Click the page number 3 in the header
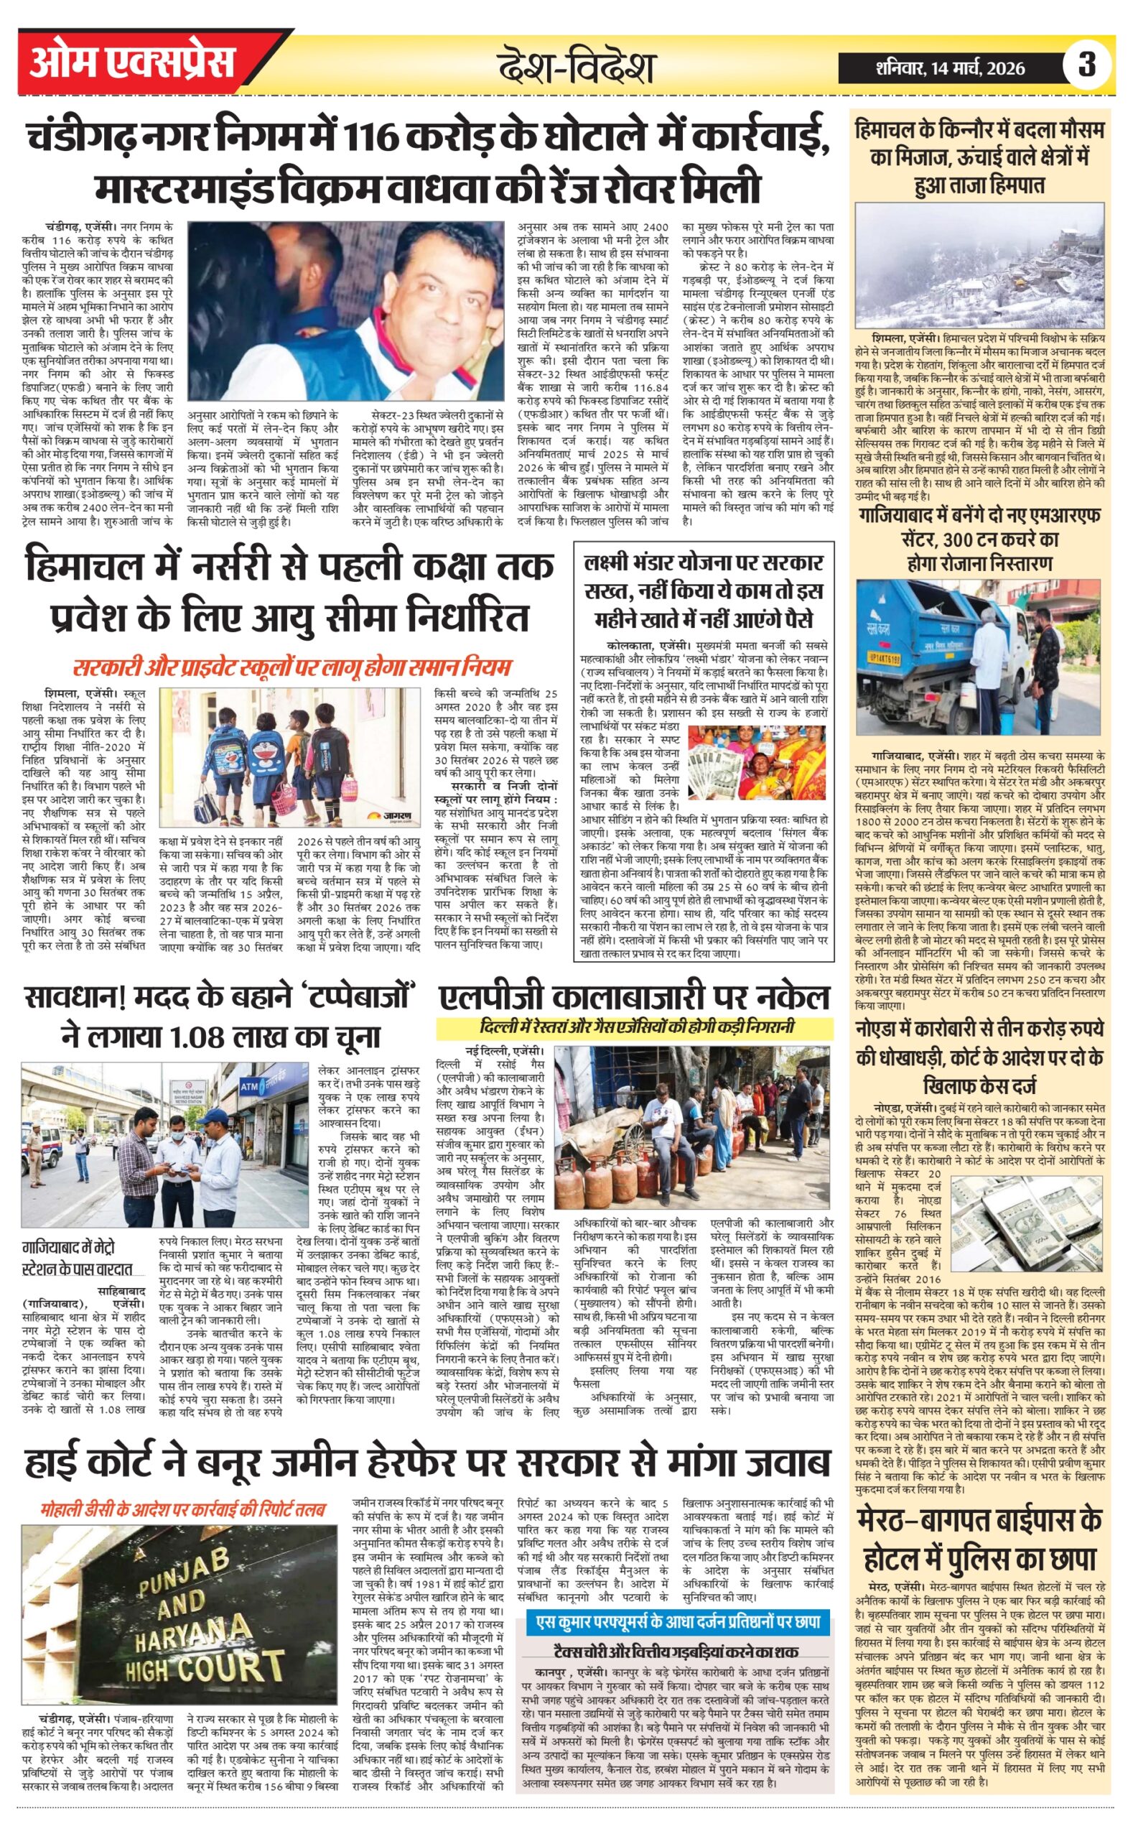point(1086,65)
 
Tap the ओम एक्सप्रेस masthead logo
point(132,63)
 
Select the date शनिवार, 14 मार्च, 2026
point(950,68)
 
